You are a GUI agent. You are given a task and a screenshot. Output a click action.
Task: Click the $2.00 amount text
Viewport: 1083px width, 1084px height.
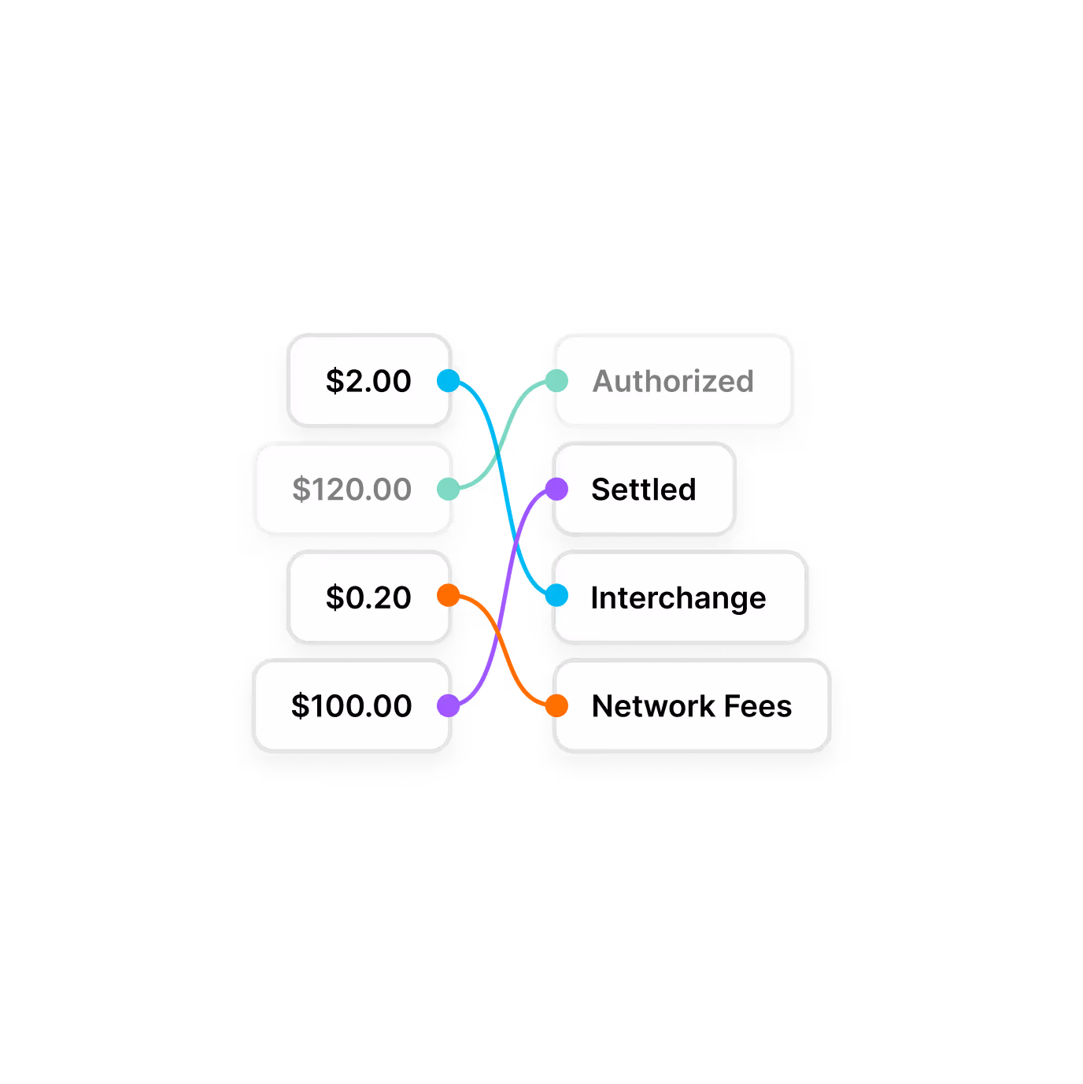coord(368,381)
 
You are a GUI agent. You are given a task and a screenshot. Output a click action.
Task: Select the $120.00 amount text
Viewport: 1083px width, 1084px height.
coord(352,490)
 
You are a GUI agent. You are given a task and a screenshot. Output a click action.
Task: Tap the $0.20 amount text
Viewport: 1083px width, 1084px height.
coord(368,597)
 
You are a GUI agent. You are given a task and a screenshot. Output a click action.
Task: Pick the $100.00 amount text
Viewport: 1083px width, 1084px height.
coord(352,706)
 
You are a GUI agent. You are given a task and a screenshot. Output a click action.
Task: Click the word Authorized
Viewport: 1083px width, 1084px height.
coord(673,381)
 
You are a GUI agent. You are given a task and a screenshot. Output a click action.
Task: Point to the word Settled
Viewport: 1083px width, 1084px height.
coord(644,490)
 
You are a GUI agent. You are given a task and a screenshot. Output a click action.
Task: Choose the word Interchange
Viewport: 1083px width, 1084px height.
coord(678,598)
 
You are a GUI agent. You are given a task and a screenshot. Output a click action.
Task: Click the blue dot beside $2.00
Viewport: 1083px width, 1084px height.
coord(449,381)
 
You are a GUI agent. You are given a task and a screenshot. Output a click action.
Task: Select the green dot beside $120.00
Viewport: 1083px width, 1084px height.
coord(449,489)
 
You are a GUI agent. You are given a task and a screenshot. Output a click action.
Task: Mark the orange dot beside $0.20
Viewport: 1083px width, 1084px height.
coord(449,595)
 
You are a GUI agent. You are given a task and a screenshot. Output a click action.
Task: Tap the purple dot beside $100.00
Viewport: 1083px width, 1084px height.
coord(449,705)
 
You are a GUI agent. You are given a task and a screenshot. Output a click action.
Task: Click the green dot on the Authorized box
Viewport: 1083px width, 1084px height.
coord(556,381)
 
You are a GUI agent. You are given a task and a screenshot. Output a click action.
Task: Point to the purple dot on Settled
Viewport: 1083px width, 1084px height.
coord(556,489)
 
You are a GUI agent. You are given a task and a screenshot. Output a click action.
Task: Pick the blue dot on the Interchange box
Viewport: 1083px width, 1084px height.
coord(556,595)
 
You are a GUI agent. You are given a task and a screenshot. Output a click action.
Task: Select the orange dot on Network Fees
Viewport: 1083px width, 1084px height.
coord(556,705)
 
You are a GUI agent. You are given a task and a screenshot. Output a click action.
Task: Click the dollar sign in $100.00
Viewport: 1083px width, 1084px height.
coord(300,706)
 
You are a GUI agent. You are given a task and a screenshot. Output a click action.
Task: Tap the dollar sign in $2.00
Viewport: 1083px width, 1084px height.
coord(335,381)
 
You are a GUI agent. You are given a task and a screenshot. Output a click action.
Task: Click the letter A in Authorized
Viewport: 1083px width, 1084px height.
coord(604,381)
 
